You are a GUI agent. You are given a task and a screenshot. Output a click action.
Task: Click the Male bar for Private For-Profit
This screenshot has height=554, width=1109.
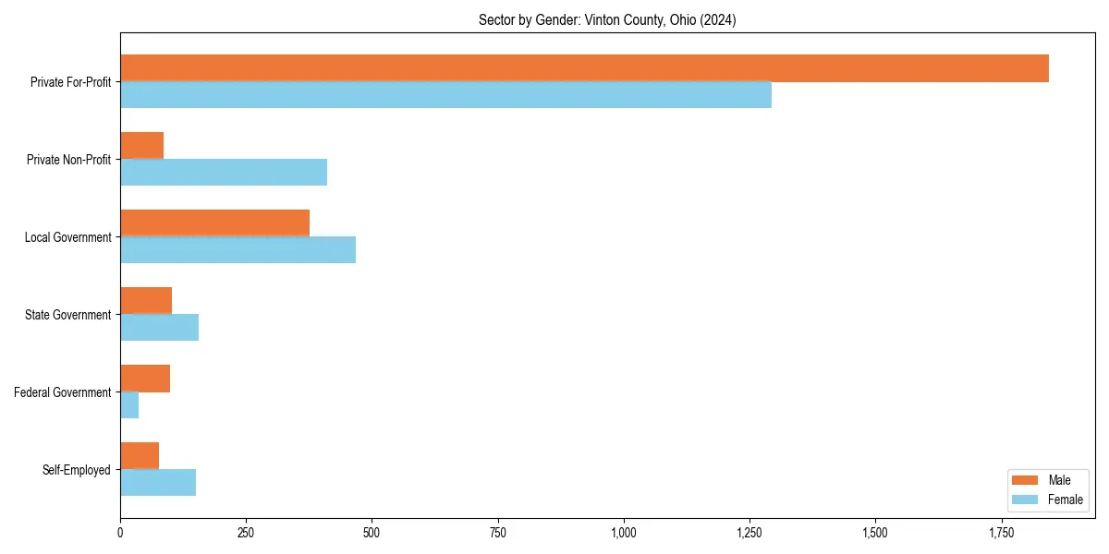pyautogui.click(x=584, y=68)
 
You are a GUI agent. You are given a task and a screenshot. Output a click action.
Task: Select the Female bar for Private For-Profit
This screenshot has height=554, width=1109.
pyautogui.click(x=445, y=95)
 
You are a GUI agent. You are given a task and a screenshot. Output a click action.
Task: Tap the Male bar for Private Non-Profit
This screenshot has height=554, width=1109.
pyautogui.click(x=141, y=146)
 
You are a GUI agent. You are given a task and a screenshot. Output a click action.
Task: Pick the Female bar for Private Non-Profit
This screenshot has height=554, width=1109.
pyautogui.click(x=224, y=173)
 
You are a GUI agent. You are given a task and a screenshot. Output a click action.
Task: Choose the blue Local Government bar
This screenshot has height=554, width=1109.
pyautogui.click(x=238, y=250)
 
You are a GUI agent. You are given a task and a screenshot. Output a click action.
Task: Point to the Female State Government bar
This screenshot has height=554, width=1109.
pyautogui.click(x=159, y=328)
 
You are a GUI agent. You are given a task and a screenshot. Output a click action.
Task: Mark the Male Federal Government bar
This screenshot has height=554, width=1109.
pyautogui.click(x=145, y=379)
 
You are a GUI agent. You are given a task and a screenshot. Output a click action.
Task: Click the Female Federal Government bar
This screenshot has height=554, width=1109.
pyautogui.click(x=129, y=405)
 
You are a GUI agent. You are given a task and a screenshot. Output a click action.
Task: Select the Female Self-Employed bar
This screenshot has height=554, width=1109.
pyautogui.click(x=158, y=483)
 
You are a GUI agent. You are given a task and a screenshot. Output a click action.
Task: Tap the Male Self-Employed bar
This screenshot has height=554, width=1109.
pyautogui.click(x=140, y=456)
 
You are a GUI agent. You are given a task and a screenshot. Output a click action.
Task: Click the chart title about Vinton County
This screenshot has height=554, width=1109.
pyautogui.click(x=607, y=19)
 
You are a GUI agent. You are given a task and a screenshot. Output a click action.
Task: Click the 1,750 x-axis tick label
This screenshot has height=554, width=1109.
pyautogui.click(x=1001, y=533)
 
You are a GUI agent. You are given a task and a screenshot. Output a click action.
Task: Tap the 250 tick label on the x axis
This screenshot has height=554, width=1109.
pyautogui.click(x=246, y=533)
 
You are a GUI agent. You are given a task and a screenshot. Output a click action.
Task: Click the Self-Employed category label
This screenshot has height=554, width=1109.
pyautogui.click(x=76, y=470)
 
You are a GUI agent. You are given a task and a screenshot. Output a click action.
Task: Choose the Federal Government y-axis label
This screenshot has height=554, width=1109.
pyautogui.click(x=63, y=392)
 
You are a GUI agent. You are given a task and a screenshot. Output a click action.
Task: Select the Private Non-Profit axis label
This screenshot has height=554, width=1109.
pyautogui.click(x=68, y=160)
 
